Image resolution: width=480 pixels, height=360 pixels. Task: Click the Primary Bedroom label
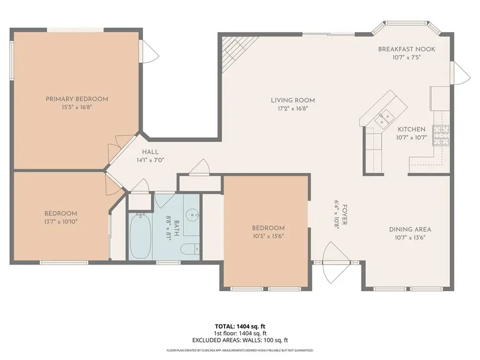click(77, 99)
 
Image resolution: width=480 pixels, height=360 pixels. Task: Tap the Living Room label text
click(293, 100)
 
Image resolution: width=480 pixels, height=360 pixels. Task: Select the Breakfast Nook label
click(406, 49)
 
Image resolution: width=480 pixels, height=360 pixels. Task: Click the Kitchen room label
click(411, 129)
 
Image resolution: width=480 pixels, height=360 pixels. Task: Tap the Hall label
click(150, 152)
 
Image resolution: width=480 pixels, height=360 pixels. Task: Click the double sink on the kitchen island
click(383, 118)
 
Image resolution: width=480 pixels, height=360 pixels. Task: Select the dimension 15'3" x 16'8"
click(77, 107)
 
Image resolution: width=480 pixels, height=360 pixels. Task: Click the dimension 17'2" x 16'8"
click(293, 108)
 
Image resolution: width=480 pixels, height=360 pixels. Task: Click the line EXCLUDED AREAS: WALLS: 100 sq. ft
click(239, 340)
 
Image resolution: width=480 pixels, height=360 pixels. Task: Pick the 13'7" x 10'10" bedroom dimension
click(61, 221)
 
